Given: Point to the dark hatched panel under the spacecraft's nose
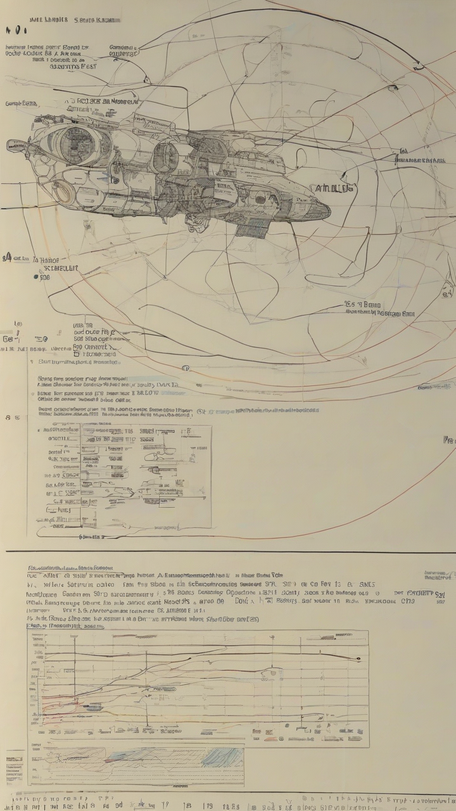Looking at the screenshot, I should (x=252, y=227).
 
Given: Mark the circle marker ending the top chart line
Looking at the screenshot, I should (x=358, y=659).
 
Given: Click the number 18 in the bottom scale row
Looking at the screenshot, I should (x=187, y=806).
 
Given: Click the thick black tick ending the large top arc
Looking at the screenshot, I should (x=417, y=65).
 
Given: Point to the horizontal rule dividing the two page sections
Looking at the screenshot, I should (x=228, y=551).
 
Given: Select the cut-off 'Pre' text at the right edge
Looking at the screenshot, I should (x=449, y=438).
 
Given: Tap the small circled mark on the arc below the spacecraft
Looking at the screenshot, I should (x=186, y=368).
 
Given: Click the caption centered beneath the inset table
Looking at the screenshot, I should (x=92, y=536).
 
